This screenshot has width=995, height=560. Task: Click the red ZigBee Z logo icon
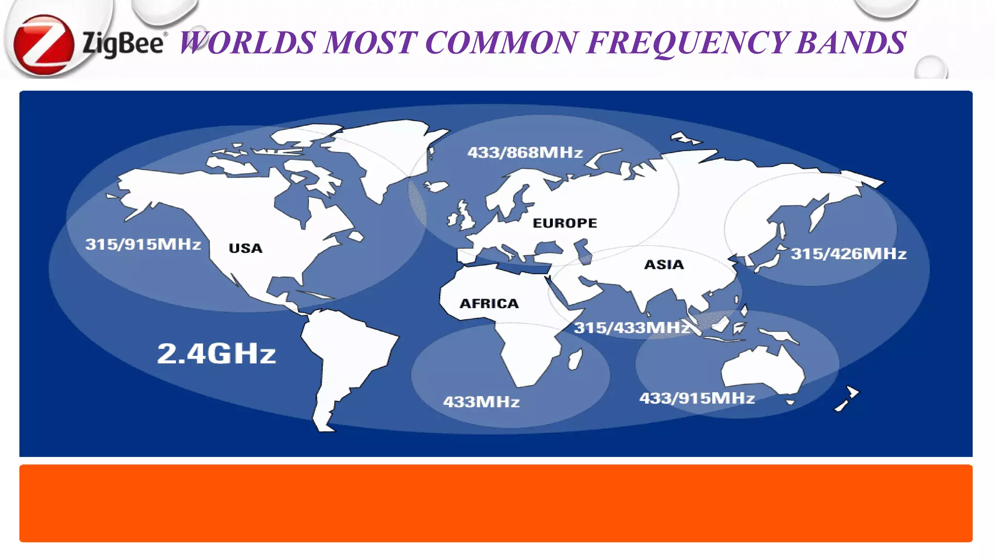pos(43,45)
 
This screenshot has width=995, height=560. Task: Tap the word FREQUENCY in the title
pos(687,43)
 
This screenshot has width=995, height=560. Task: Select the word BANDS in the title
pos(851,43)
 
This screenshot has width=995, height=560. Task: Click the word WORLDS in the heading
pos(248,43)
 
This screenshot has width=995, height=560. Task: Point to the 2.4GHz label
pos(216,354)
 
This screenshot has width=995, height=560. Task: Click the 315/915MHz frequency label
pos(143,244)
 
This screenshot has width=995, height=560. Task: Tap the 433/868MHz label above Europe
pos(525,153)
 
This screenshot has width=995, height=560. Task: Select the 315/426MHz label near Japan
pos(848,254)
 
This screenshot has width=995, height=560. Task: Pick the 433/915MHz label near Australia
pos(697,399)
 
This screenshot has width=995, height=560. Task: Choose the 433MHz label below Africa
pos(481,402)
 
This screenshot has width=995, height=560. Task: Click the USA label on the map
pos(245,248)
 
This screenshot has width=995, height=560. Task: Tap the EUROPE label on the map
pos(565,223)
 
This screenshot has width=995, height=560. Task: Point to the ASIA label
pos(664,265)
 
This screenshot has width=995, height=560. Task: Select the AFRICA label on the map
pos(489,304)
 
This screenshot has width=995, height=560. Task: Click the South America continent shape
pos(345,355)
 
